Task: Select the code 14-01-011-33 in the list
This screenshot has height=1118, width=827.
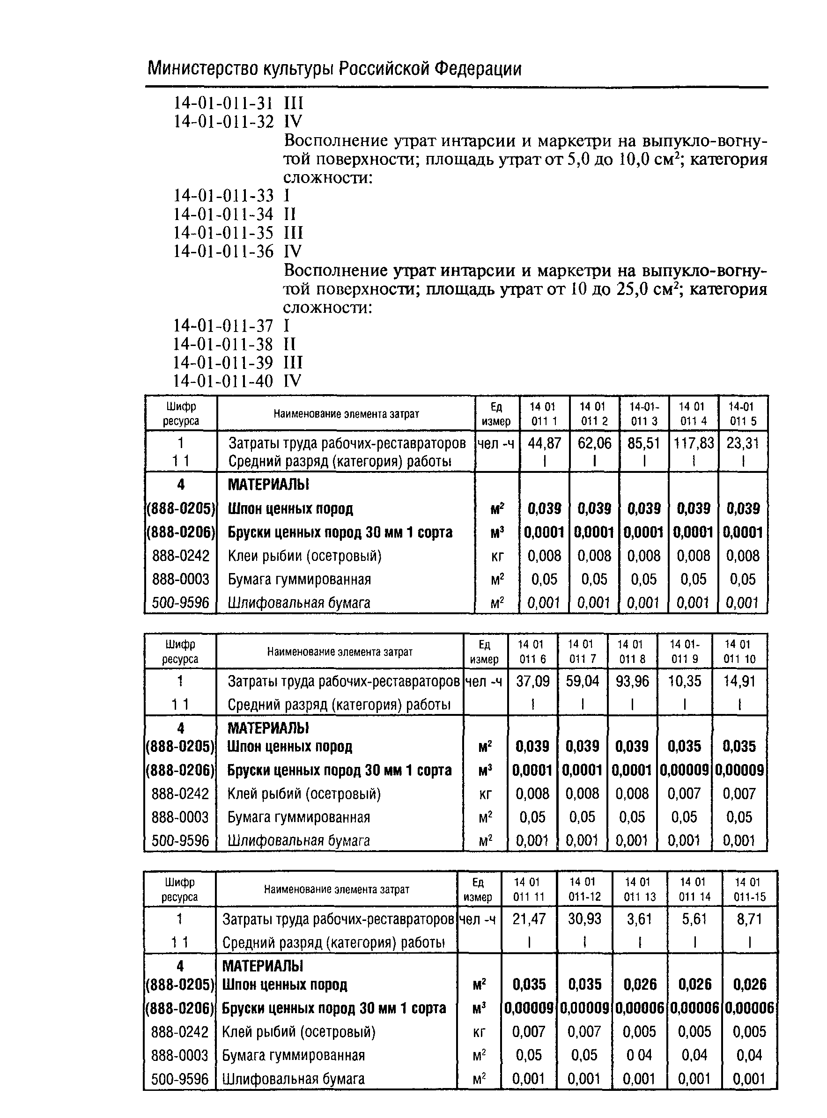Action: click(x=223, y=196)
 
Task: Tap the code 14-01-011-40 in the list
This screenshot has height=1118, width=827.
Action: click(x=223, y=382)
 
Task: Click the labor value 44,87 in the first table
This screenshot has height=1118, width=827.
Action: click(x=545, y=443)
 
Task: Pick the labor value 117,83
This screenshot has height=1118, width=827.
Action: click(x=694, y=443)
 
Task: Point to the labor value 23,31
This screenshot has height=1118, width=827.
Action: click(x=743, y=443)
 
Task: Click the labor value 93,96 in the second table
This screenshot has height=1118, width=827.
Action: click(x=632, y=681)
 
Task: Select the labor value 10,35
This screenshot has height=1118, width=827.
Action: click(x=684, y=681)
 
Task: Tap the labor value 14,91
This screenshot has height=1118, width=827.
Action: click(x=739, y=681)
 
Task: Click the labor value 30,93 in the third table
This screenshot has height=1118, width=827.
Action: click(x=584, y=919)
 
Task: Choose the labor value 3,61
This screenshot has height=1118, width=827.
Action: click(x=639, y=919)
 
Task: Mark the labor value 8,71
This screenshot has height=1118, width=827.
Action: click(x=749, y=919)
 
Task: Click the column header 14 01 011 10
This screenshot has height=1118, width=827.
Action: click(x=739, y=652)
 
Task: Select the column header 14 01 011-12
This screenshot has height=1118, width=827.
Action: click(x=584, y=889)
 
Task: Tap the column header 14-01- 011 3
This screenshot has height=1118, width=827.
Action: click(x=644, y=414)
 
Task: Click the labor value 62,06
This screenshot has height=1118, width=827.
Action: click(x=595, y=443)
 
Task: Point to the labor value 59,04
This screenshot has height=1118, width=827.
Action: click(x=582, y=681)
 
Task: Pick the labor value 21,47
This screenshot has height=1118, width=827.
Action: click(x=529, y=919)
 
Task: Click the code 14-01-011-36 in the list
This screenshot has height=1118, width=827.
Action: click(x=223, y=251)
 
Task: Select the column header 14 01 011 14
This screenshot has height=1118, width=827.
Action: click(x=694, y=889)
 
